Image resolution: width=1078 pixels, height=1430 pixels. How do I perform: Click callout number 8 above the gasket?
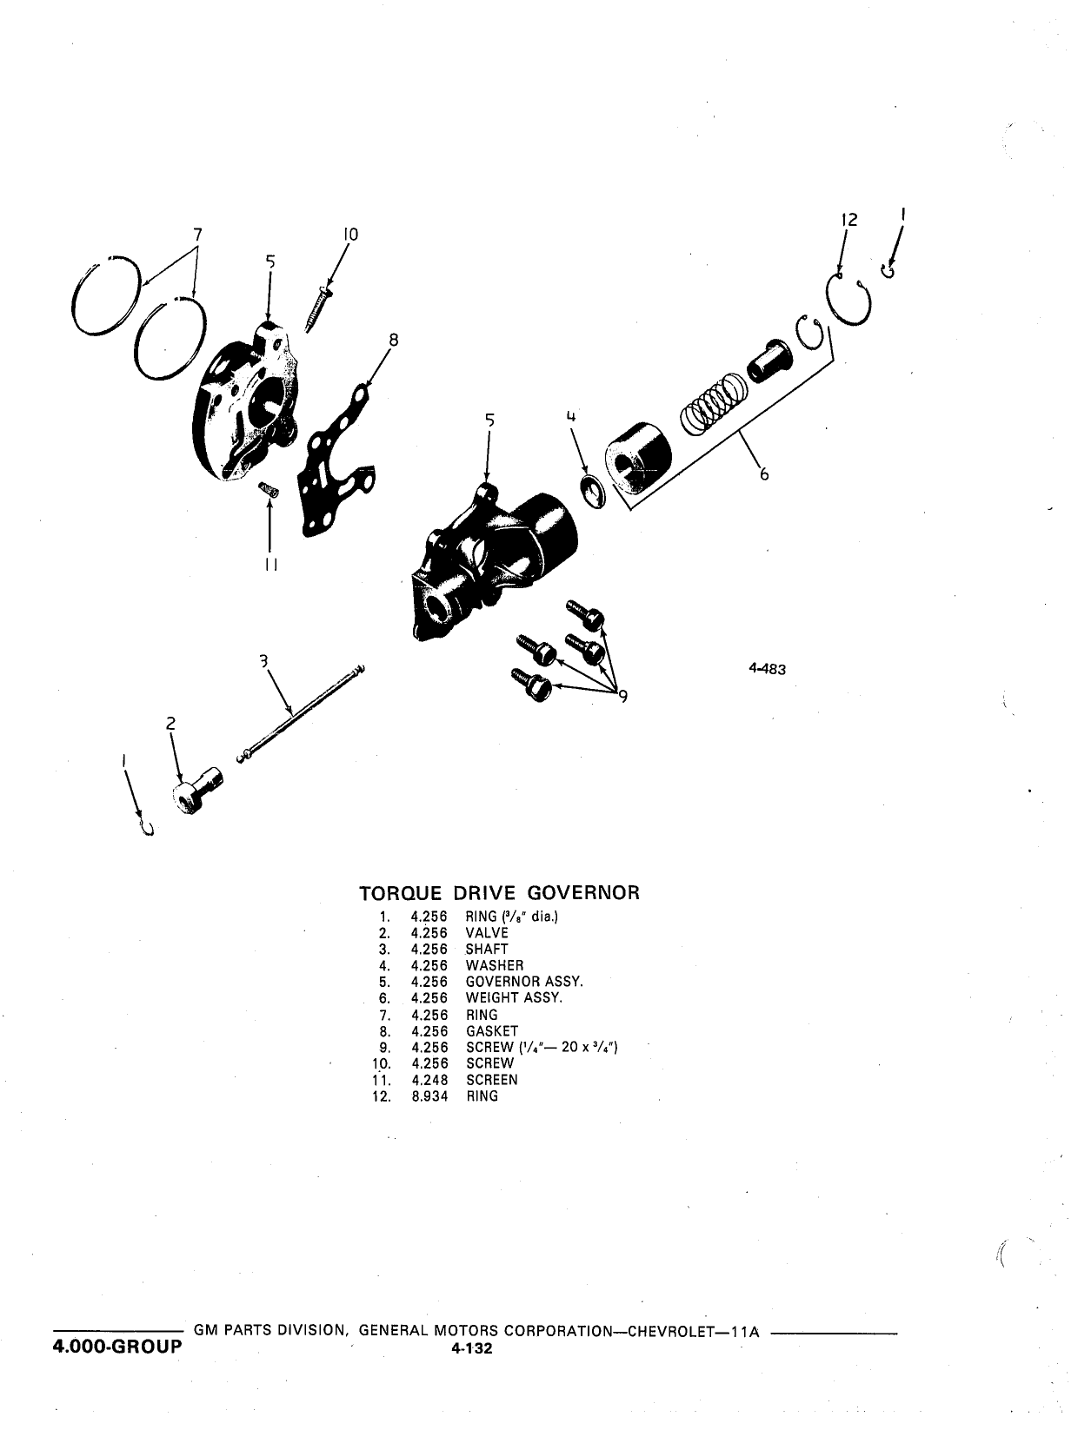click(x=393, y=340)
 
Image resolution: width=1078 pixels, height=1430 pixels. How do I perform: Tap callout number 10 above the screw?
click(x=350, y=235)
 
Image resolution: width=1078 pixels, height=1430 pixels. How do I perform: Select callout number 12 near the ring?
click(x=849, y=220)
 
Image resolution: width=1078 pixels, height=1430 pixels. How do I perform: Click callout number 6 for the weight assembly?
click(x=764, y=474)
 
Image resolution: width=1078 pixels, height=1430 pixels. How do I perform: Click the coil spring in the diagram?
click(x=714, y=404)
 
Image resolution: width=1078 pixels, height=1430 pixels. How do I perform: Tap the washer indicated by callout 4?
click(x=593, y=491)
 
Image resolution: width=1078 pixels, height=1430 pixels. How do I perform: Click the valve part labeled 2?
click(x=196, y=790)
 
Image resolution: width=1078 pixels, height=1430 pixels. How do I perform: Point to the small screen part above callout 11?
click(x=269, y=489)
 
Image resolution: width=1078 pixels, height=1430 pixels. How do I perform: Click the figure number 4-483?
click(x=767, y=669)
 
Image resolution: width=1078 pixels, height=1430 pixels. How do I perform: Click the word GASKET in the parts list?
click(x=492, y=1031)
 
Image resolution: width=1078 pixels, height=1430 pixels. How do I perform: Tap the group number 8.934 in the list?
click(x=429, y=1096)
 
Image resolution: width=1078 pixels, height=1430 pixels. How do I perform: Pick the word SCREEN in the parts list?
click(x=492, y=1080)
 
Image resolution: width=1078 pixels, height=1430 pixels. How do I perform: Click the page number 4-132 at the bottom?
click(x=472, y=1348)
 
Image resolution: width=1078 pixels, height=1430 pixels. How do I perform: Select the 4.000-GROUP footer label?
click(x=117, y=1347)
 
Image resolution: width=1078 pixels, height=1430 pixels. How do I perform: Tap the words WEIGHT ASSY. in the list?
click(x=514, y=998)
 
